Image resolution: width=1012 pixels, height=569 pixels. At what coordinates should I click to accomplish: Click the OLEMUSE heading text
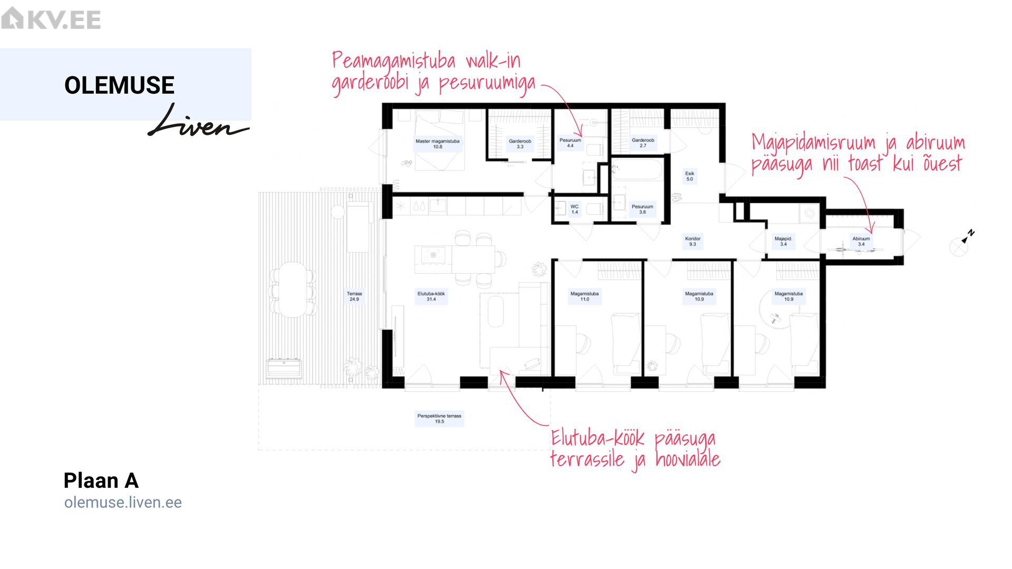tap(119, 85)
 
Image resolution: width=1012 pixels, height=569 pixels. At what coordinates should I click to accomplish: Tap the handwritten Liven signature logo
tap(198, 121)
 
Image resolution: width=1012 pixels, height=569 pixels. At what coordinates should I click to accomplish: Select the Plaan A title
tap(101, 480)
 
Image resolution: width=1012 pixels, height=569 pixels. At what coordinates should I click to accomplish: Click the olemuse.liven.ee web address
tap(123, 503)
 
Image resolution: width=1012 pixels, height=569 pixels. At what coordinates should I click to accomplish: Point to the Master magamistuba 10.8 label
tap(437, 144)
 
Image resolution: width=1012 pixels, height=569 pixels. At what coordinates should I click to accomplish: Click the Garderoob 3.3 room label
tap(520, 144)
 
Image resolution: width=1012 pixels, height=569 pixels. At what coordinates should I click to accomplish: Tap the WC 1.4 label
tap(575, 209)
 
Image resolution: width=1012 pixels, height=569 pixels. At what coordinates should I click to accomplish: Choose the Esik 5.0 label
tap(689, 176)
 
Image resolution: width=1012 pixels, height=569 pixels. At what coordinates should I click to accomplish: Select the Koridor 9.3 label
tap(693, 241)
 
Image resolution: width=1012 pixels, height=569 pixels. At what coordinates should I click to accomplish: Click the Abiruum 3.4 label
tap(861, 241)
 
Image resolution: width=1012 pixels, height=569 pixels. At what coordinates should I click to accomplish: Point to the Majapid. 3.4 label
tap(783, 241)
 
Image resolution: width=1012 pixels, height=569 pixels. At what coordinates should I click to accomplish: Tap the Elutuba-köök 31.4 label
tap(431, 297)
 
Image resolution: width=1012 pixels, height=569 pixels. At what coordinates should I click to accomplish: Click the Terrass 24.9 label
tap(354, 297)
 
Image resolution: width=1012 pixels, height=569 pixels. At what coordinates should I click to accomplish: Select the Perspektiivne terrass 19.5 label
tap(439, 419)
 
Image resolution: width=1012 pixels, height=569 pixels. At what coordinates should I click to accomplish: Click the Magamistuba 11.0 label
tap(585, 297)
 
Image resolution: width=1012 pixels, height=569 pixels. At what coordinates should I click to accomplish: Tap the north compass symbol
tap(962, 243)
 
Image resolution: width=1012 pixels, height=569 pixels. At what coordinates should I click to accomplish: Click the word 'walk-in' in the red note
tap(493, 61)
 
